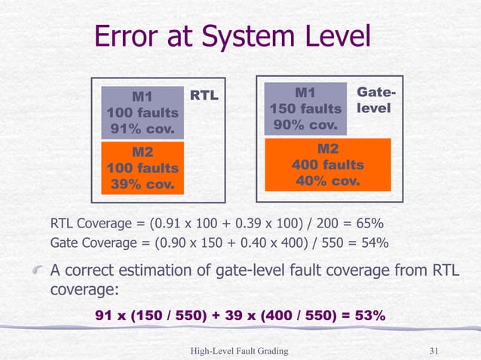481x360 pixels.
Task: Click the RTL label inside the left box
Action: (x=204, y=96)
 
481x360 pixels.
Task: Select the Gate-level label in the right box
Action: (x=375, y=101)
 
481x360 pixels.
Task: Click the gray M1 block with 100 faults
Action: (x=142, y=112)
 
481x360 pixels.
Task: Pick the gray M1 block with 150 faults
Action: (x=305, y=108)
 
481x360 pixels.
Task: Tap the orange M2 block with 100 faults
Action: (x=142, y=167)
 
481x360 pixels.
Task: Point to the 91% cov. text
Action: (x=142, y=130)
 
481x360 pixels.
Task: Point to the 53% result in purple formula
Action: (x=367, y=316)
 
